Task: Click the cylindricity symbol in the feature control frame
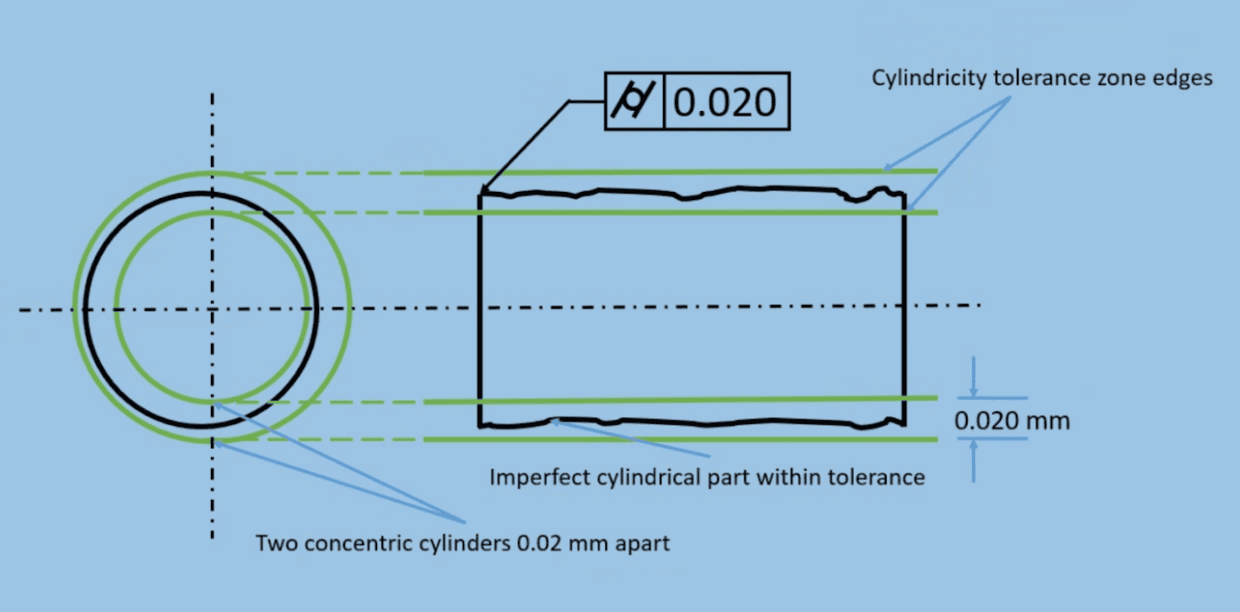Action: (634, 101)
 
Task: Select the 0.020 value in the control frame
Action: (725, 101)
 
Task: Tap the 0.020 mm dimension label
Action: (1012, 421)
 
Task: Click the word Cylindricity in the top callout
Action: (929, 78)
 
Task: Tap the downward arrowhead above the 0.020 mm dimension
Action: (974, 391)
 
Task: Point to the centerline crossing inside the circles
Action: (213, 309)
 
